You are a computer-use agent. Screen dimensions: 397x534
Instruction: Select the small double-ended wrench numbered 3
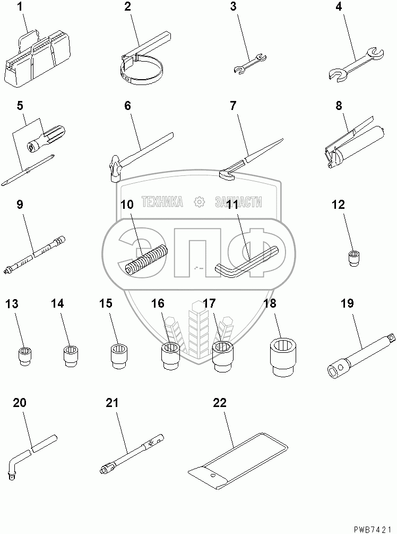click(x=251, y=63)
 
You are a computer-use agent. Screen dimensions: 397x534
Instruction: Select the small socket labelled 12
click(x=354, y=258)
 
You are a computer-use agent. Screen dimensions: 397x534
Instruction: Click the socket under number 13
click(x=24, y=356)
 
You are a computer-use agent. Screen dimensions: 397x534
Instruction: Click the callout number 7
click(x=233, y=106)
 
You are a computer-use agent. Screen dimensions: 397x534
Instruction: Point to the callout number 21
click(x=112, y=403)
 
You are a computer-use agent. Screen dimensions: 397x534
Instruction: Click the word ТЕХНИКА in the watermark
click(x=162, y=202)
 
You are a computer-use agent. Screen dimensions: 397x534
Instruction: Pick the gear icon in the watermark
click(x=199, y=202)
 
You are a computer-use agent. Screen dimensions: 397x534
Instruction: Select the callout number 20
click(x=20, y=403)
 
